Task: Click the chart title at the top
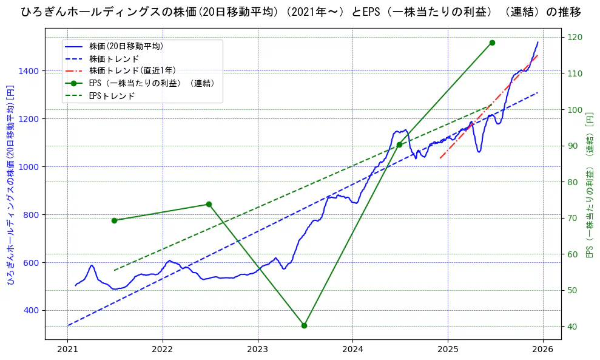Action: (300, 12)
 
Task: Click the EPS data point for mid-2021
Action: (114, 220)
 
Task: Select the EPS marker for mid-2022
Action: (209, 204)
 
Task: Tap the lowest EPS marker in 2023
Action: (304, 325)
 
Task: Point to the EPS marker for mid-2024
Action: (399, 144)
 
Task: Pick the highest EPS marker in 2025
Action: (492, 42)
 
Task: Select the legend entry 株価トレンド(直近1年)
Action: (132, 71)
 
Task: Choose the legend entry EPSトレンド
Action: (112, 96)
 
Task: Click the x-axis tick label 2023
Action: (258, 349)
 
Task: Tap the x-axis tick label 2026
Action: (543, 349)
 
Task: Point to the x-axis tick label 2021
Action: (67, 349)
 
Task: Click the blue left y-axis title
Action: (10, 185)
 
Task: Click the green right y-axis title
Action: (589, 185)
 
